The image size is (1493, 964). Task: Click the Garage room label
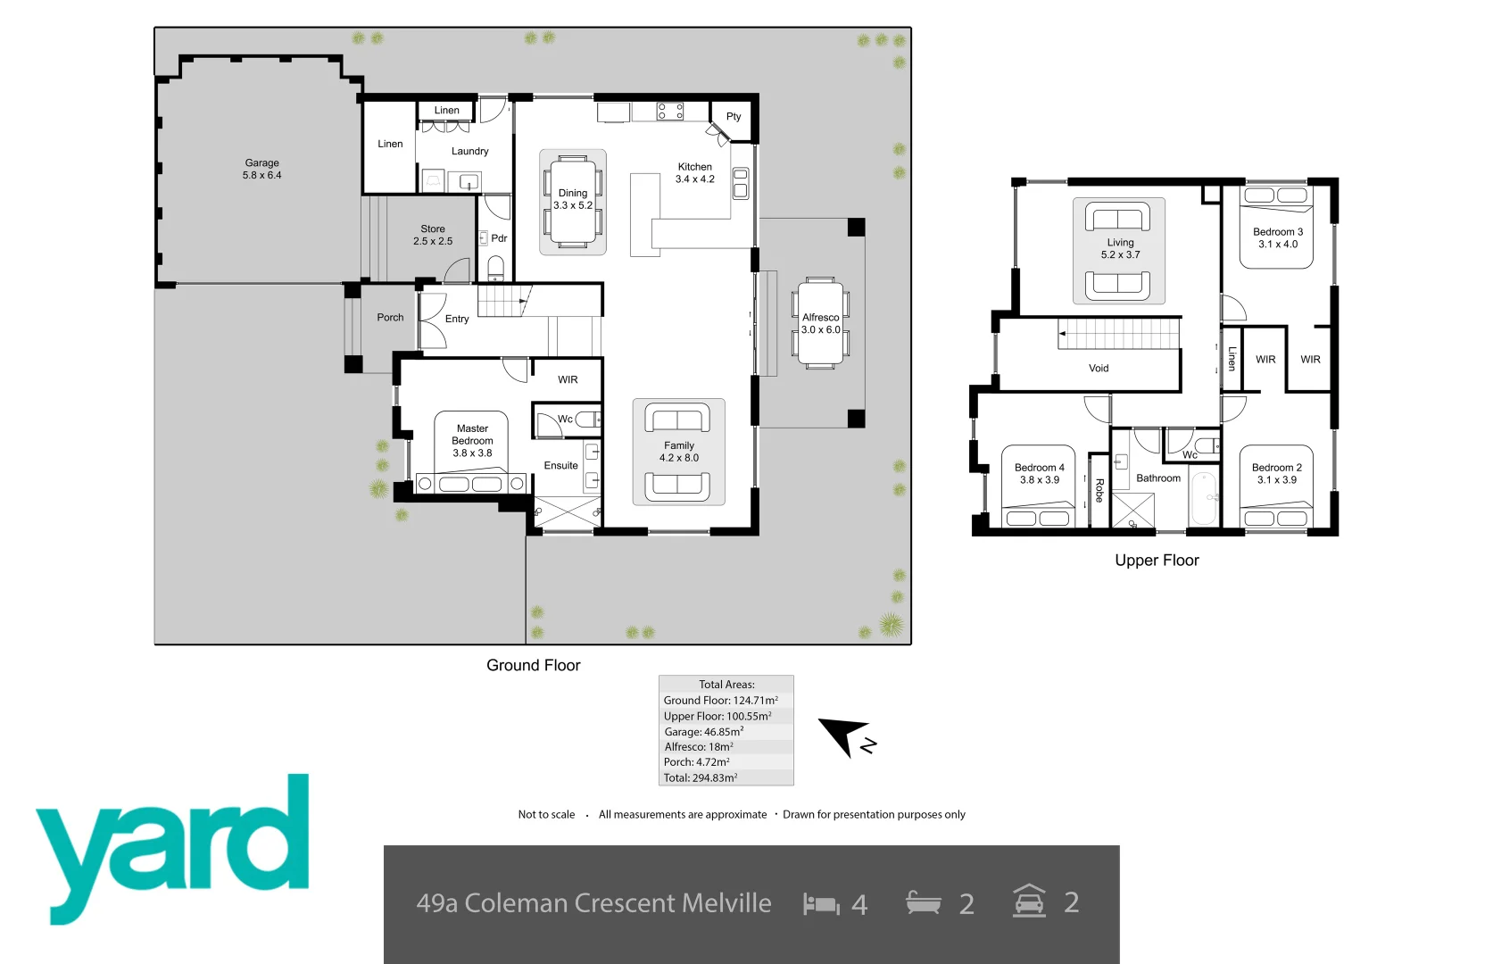[x=261, y=169]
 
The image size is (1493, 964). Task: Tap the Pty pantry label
[x=733, y=117]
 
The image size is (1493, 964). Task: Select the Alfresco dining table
[x=821, y=323]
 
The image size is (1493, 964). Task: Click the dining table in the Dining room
[x=573, y=202]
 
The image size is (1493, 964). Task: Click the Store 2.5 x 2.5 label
[x=433, y=235]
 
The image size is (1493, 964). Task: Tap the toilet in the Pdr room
[x=496, y=268]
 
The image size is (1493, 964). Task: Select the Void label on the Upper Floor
[x=1099, y=368]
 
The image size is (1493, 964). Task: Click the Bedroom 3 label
[x=1277, y=237]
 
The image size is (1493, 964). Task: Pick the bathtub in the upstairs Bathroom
[x=1204, y=498]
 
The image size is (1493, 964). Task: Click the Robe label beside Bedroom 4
[x=1099, y=490]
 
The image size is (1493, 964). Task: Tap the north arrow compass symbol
[x=844, y=734]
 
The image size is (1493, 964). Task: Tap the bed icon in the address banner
[x=821, y=904]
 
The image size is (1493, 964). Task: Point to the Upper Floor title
[x=1157, y=561]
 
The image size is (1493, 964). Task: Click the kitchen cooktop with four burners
[x=670, y=112]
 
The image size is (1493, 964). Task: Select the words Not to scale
[x=546, y=814]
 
